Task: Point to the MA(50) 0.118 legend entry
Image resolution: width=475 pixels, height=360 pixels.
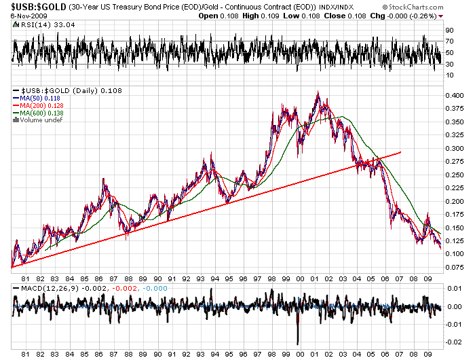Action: (x=39, y=99)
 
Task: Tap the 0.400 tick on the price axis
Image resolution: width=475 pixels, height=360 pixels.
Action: (x=453, y=96)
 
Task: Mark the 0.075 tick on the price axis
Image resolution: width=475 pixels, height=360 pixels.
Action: (x=453, y=267)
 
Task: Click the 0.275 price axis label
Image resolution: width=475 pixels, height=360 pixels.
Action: (x=453, y=162)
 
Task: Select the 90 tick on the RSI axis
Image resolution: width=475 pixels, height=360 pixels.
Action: (x=449, y=31)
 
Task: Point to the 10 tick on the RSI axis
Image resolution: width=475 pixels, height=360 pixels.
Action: (x=449, y=75)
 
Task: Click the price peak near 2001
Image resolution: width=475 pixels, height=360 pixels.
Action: (x=318, y=93)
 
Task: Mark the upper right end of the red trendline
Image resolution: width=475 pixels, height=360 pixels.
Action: (x=401, y=152)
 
